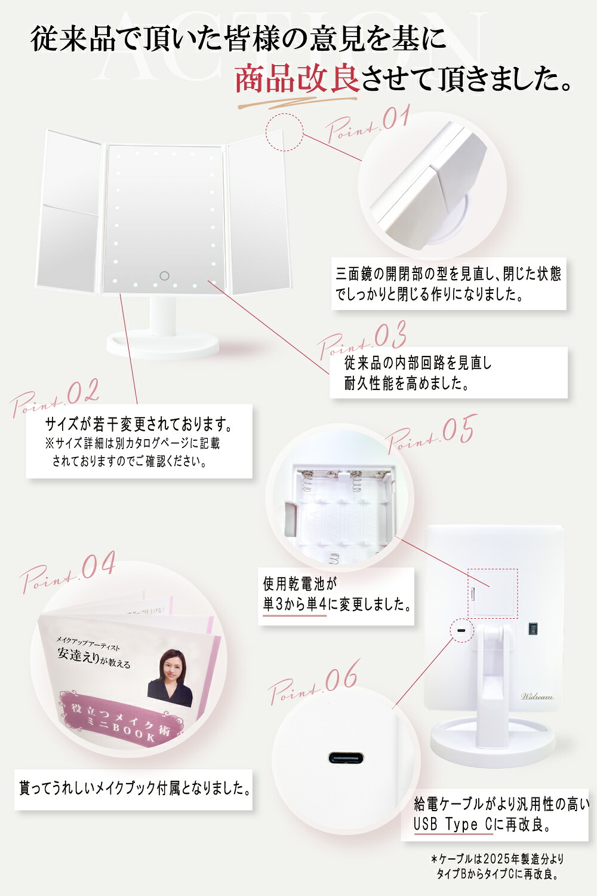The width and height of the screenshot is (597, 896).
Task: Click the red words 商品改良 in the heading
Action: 297,79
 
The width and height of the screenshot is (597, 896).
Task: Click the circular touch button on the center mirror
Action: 164,275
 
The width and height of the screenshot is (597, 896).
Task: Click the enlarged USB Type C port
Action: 346,757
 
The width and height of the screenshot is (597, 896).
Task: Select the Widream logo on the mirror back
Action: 537,696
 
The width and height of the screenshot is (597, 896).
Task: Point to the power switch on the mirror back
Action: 533,629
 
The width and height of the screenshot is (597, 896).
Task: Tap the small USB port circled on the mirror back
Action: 462,631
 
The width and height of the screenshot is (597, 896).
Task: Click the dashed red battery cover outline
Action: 493,593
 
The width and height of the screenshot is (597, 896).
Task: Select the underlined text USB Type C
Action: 453,824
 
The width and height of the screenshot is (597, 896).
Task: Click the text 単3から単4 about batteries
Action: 295,604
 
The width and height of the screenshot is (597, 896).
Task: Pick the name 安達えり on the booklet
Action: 78,655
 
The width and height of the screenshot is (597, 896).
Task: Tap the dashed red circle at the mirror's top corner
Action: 284,132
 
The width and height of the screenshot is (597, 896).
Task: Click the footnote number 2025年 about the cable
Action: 498,859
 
